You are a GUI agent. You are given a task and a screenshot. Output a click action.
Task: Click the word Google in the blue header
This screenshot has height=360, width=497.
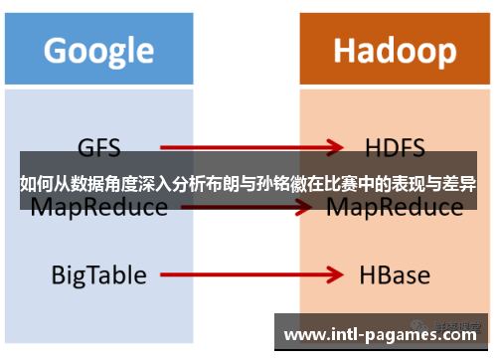(98, 49)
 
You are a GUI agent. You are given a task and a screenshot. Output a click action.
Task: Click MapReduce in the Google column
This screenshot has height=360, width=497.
(98, 208)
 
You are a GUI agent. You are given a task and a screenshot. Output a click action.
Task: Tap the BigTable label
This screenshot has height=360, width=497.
(98, 273)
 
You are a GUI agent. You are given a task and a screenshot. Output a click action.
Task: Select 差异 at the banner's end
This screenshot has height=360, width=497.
(460, 184)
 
